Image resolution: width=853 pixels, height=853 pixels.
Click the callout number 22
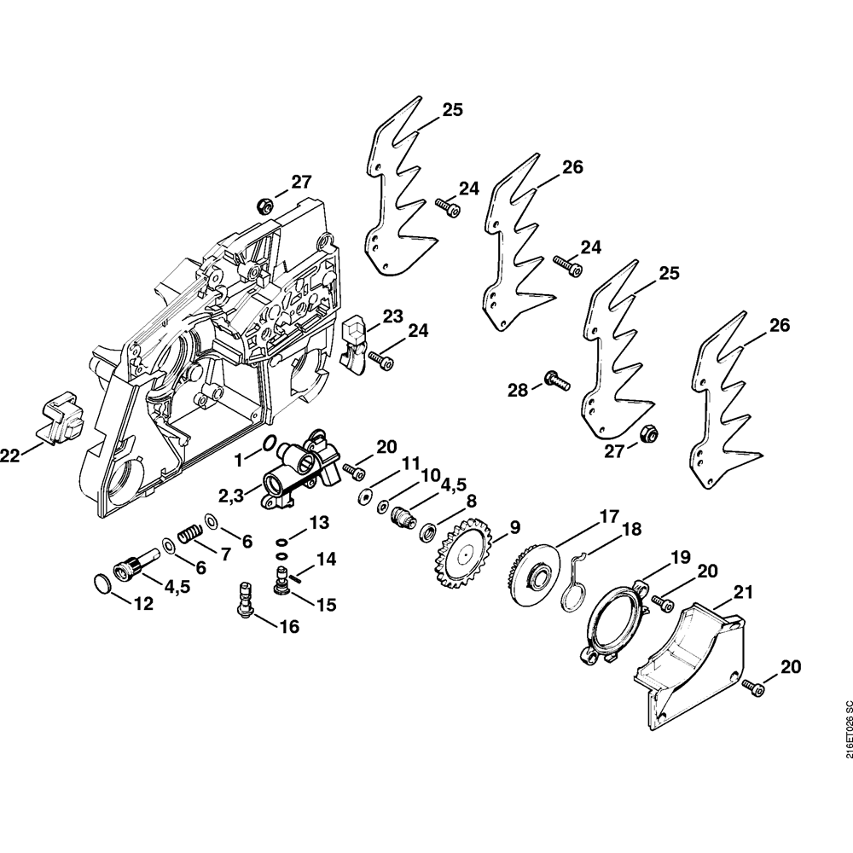(9, 456)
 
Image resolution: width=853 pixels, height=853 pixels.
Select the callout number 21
(743, 593)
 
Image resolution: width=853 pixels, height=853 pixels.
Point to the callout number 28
(519, 390)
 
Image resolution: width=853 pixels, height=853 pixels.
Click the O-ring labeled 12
(104, 583)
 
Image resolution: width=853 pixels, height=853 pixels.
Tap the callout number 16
(289, 627)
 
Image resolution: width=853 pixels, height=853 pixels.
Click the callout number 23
(392, 316)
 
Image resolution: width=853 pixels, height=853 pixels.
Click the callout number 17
(609, 515)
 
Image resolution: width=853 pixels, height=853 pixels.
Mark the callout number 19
(681, 557)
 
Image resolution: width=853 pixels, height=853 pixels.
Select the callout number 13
(319, 523)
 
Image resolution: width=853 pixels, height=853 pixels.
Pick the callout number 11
(411, 464)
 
